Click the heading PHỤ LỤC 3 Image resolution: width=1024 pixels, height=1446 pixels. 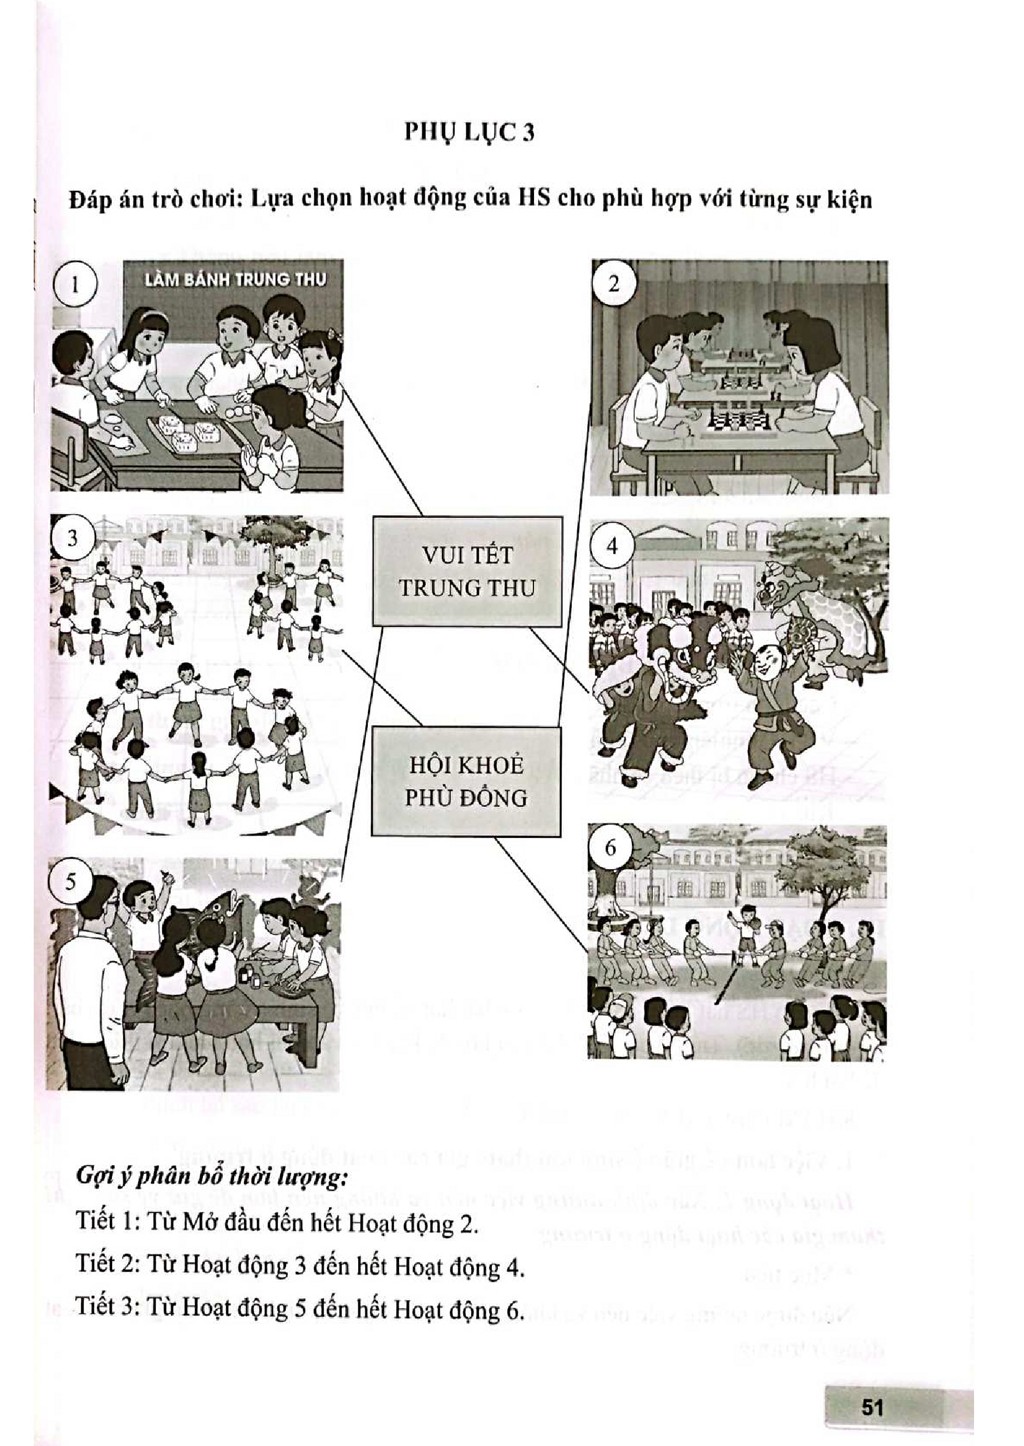pyautogui.click(x=469, y=133)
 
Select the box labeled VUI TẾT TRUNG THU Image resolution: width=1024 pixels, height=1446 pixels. pyautogui.click(x=467, y=572)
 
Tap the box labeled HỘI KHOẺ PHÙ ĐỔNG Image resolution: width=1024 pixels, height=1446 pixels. pyautogui.click(x=466, y=782)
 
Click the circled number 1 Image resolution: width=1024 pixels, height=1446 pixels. pyautogui.click(x=76, y=284)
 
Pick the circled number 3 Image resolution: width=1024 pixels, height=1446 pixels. pyautogui.click(x=72, y=537)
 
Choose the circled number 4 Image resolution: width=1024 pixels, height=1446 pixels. pyautogui.click(x=612, y=545)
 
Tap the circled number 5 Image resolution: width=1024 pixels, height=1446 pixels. pyautogui.click(x=70, y=881)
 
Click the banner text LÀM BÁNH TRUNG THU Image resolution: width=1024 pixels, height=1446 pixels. pyautogui.click(x=236, y=279)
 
